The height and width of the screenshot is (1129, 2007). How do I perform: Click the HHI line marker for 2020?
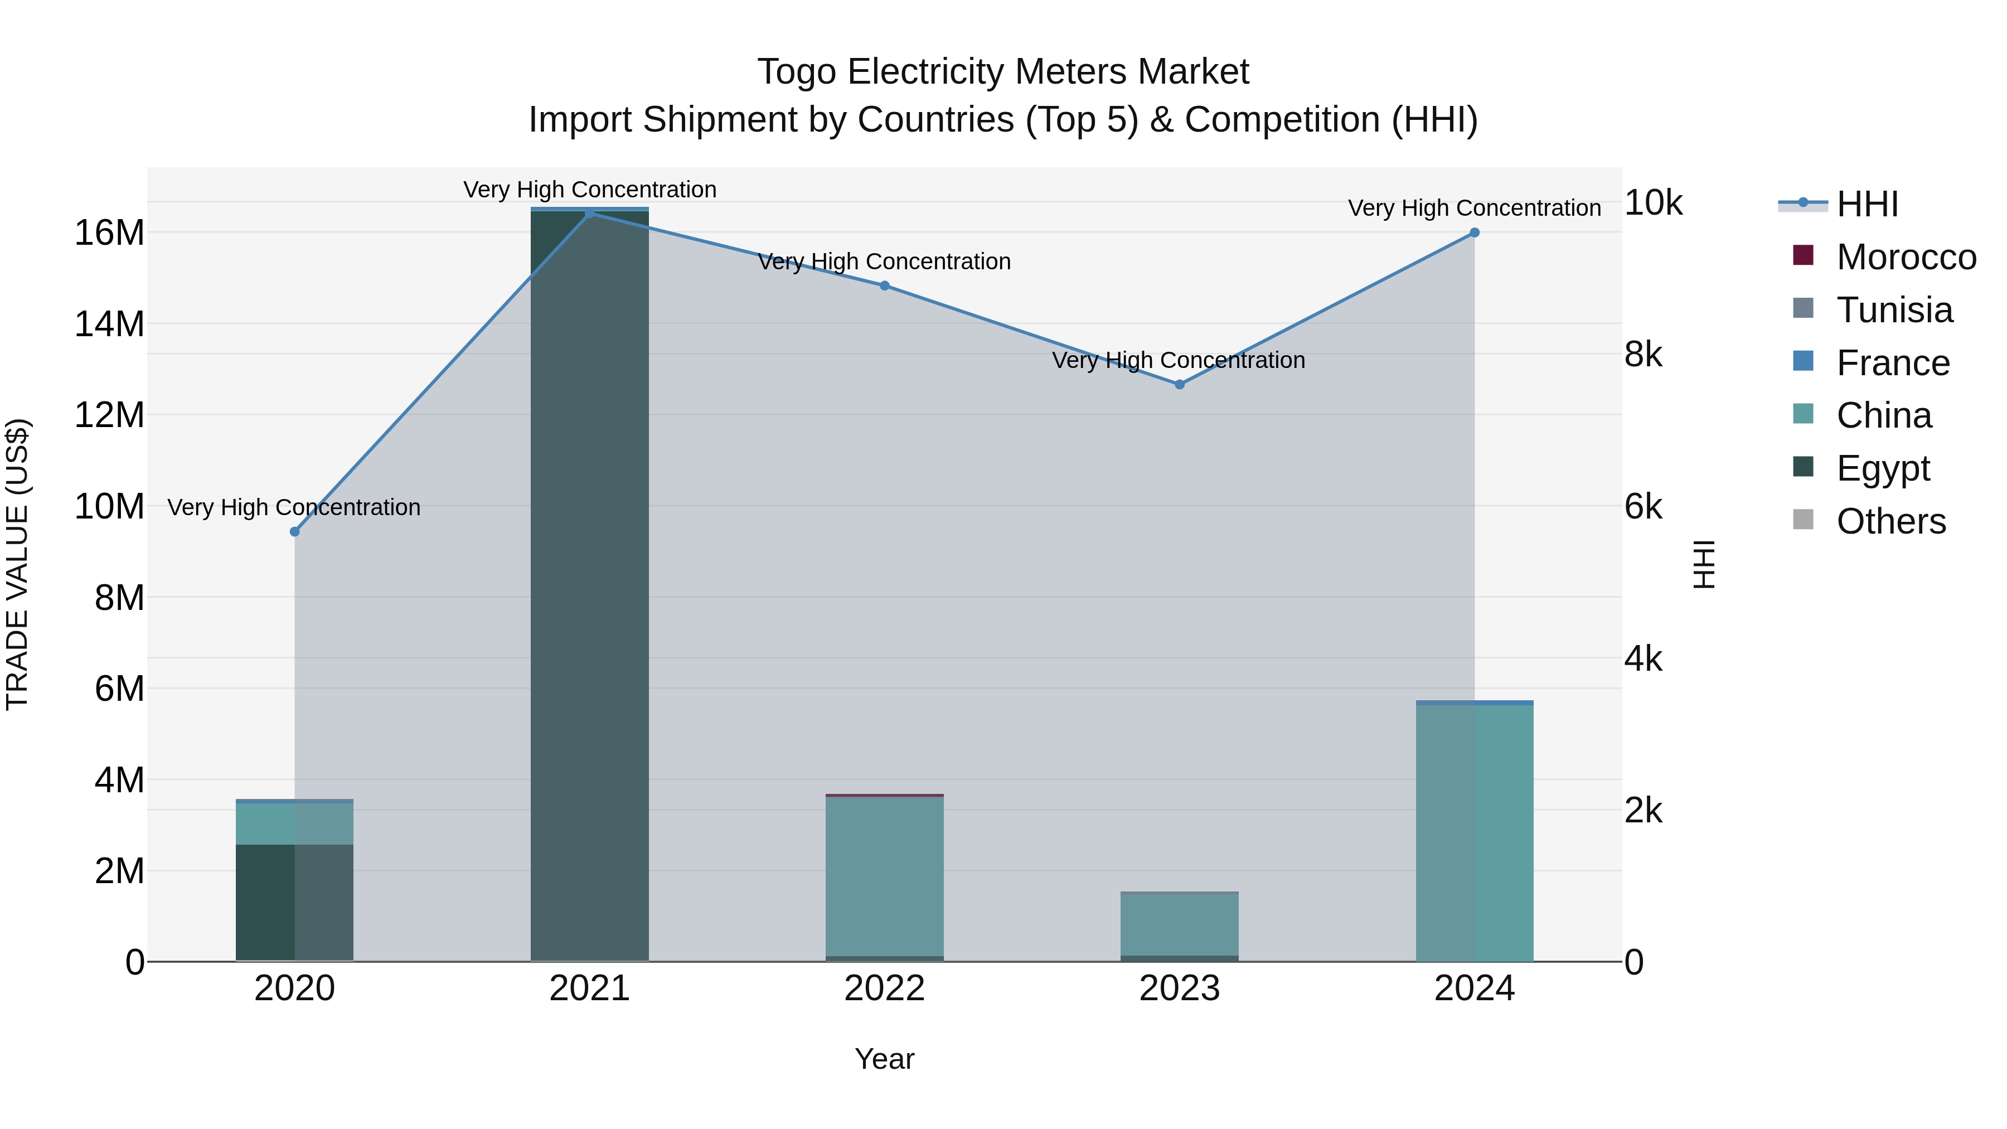(294, 531)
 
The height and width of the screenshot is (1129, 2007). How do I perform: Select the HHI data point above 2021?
(590, 213)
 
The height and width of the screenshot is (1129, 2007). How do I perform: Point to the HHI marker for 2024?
(1474, 232)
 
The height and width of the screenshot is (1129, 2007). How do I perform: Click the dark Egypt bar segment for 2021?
(590, 584)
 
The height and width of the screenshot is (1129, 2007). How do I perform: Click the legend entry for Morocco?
(1905, 257)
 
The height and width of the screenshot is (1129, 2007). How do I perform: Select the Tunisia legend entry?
(1893, 310)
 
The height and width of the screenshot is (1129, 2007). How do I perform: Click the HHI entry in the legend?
(1866, 204)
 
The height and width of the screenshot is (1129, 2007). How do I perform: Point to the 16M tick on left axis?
(109, 232)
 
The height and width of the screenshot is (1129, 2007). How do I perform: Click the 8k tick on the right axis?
(1643, 355)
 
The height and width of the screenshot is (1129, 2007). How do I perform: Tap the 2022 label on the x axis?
(884, 989)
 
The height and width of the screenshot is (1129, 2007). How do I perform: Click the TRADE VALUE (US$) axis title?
(17, 564)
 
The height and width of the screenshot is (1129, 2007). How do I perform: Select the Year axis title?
(884, 1059)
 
